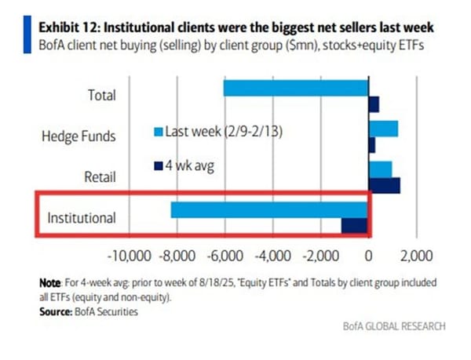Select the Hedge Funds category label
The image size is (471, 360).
tap(78, 136)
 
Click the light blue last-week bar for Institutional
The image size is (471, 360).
tap(269, 210)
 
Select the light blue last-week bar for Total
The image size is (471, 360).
tap(296, 88)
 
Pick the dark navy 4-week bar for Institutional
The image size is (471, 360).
tap(354, 226)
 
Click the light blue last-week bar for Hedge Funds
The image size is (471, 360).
tap(383, 129)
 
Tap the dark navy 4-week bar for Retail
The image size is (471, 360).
tap(384, 185)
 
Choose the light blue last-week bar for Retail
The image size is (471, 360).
tap(380, 169)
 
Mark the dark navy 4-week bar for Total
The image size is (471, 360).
tap(374, 104)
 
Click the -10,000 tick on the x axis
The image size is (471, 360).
tap(127, 256)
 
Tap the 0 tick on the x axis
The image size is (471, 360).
tap(368, 256)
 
